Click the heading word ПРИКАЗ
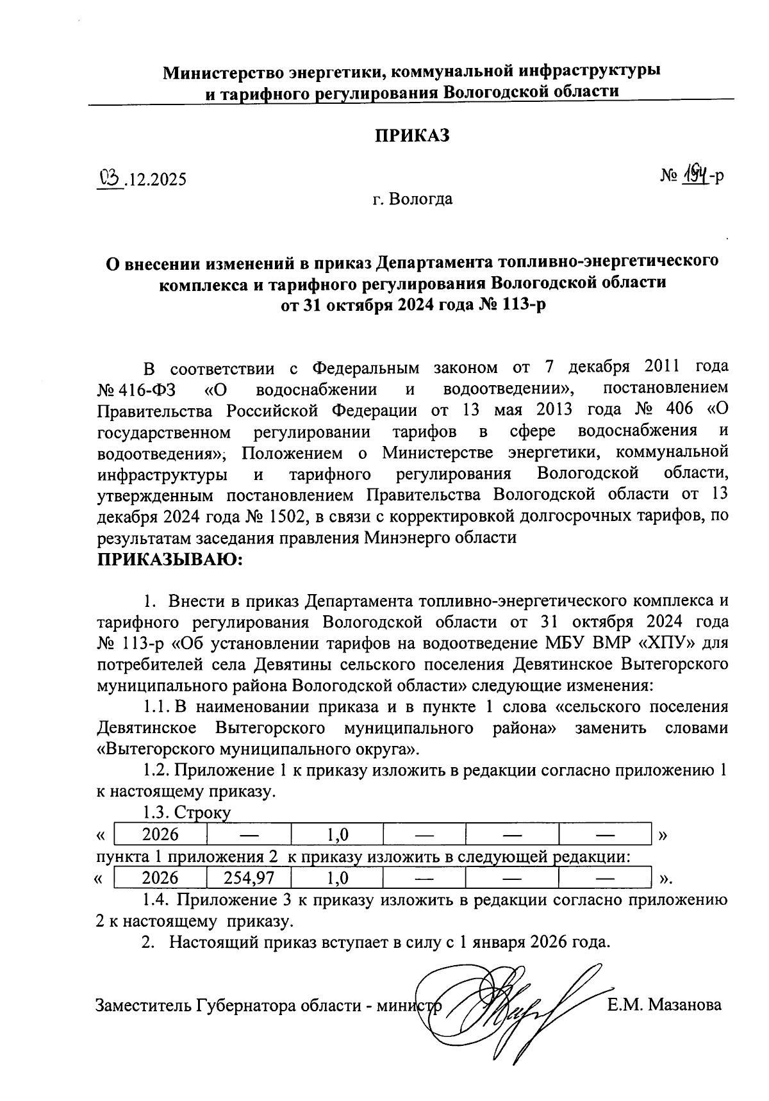413,136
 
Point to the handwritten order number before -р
695,174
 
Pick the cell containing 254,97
248,877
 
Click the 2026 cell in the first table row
160,834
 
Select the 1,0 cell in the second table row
337,877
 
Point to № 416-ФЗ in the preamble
138,389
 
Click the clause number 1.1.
156,708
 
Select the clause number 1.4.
156,900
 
